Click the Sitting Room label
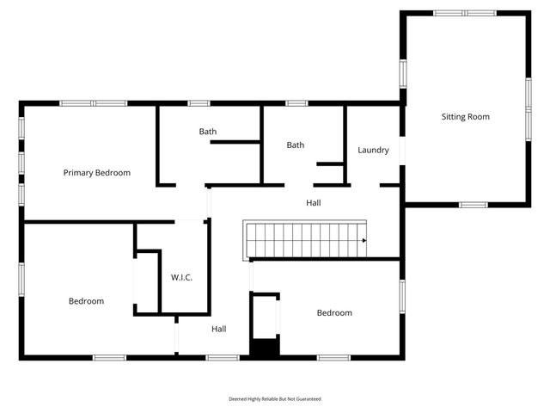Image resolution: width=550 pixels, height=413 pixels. (x=466, y=116)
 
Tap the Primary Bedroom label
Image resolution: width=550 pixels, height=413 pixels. (x=97, y=173)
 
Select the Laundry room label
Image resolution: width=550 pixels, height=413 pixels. (x=373, y=151)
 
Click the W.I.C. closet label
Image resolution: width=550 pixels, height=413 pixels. (x=181, y=277)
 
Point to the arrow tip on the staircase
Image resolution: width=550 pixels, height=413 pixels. (x=364, y=241)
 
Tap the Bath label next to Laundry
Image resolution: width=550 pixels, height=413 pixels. (x=296, y=145)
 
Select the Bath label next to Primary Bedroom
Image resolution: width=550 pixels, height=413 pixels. (x=208, y=132)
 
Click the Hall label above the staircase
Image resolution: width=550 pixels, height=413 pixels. (x=314, y=203)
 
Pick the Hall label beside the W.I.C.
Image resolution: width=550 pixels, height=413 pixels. (x=219, y=329)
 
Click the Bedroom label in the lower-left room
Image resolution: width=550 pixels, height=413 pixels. (x=86, y=301)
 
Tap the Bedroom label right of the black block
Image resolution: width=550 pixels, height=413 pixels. (x=334, y=313)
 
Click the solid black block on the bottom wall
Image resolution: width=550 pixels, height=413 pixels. (x=265, y=348)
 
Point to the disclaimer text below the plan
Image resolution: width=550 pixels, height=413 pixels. (x=274, y=399)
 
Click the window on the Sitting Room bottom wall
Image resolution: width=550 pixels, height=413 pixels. (x=473, y=205)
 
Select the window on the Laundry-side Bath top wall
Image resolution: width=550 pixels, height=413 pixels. (x=296, y=103)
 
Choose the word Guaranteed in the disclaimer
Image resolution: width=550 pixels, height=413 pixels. (x=306, y=399)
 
